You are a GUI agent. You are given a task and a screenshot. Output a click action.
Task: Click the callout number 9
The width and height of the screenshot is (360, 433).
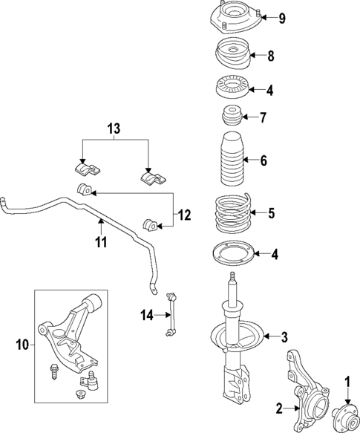click(x=282, y=19)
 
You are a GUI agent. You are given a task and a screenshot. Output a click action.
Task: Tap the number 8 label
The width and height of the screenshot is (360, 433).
click(x=271, y=55)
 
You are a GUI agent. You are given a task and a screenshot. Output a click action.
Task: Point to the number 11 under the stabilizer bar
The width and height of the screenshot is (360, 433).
click(x=101, y=242)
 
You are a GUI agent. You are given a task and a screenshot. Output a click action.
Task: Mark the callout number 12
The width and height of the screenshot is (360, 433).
click(x=183, y=215)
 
